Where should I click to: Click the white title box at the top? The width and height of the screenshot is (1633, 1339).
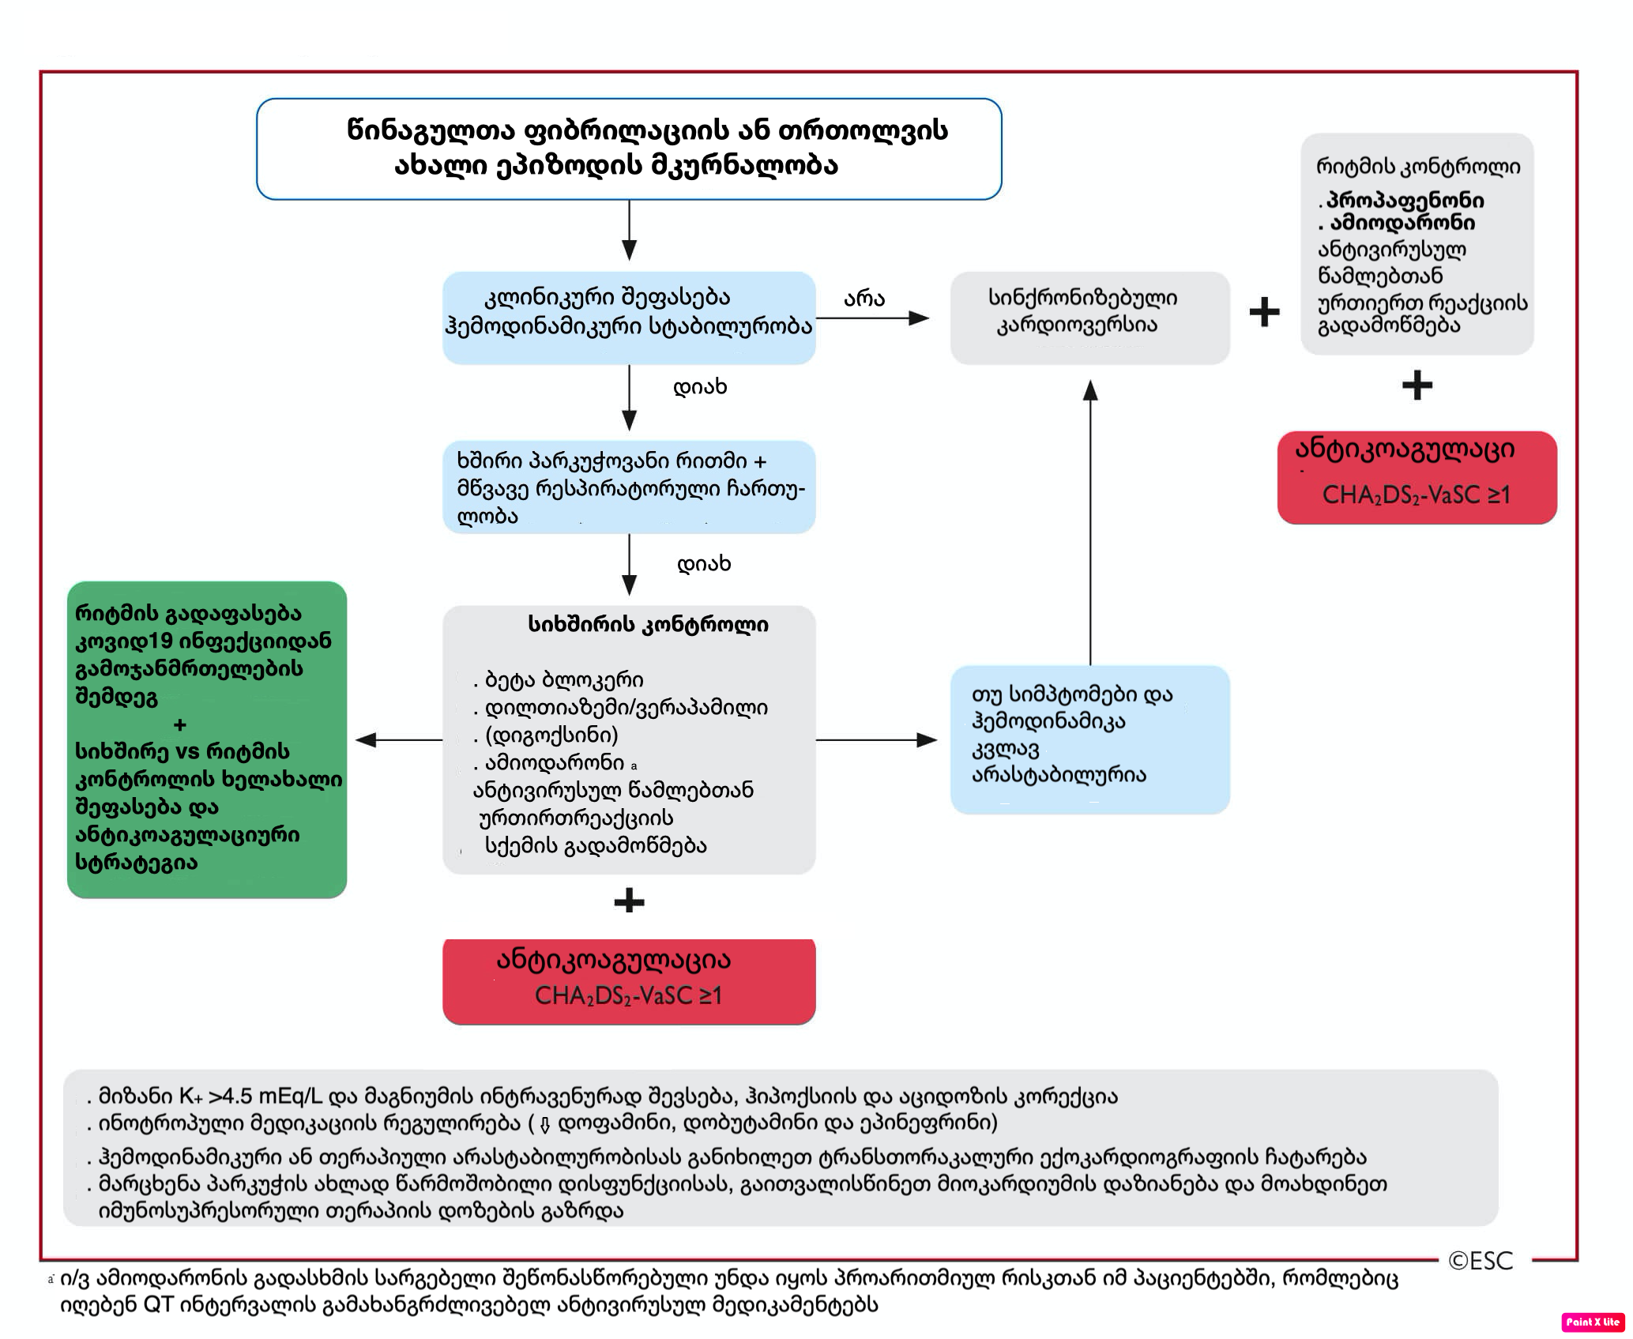629,149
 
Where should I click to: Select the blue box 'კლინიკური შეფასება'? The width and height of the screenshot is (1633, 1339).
629,318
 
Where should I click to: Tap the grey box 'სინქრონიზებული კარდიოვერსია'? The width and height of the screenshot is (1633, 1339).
1090,318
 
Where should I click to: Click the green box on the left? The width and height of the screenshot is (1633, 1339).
207,739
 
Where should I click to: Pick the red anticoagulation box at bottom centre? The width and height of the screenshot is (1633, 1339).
629,981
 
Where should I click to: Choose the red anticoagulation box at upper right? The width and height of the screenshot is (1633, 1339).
1417,477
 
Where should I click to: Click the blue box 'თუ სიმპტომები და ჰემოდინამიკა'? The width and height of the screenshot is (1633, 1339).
1090,739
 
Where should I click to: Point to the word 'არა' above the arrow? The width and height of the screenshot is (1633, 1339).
864,299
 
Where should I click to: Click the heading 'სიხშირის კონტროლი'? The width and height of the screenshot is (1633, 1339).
648,625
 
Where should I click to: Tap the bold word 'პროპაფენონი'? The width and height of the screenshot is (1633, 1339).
1405,200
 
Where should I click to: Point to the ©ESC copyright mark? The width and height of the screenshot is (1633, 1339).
1481,1261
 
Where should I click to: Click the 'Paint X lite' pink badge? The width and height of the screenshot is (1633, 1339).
1593,1322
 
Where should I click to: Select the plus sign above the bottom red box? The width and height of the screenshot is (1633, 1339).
629,901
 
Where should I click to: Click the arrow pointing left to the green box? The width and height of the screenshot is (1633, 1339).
399,740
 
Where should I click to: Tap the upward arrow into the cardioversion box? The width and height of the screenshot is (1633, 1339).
1090,522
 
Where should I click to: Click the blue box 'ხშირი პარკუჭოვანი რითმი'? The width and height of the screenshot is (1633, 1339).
629,487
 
